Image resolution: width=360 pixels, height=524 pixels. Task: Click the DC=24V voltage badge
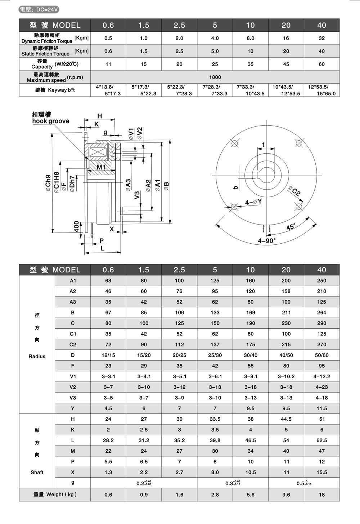tap(39, 10)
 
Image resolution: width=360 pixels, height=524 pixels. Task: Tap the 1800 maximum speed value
tap(215, 77)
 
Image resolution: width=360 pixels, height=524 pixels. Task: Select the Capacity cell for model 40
tap(321, 64)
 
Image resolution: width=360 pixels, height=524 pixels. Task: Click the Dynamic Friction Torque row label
tap(47, 38)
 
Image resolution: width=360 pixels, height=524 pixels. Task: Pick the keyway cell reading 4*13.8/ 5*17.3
tap(108, 90)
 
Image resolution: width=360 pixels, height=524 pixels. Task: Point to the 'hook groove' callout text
tap(51, 121)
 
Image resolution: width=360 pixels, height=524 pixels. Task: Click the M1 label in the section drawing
tap(101, 167)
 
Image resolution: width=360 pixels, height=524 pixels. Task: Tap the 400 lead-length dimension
tap(77, 227)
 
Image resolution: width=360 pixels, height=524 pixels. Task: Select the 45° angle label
tap(291, 227)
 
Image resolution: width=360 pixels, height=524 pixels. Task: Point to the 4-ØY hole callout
tap(253, 202)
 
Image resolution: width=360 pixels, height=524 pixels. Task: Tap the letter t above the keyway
tap(263, 144)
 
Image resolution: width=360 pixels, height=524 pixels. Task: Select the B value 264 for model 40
tap(321, 312)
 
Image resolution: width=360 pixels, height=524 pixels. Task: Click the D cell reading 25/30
tap(215, 355)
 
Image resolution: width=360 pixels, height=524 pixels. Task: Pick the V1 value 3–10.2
tap(286, 376)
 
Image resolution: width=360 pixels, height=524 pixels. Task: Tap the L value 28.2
tap(108, 440)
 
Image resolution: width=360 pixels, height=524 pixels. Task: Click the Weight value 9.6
tap(286, 494)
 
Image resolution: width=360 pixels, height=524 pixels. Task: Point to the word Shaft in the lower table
tap(37, 472)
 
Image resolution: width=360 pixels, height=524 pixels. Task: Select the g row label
tap(73, 482)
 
